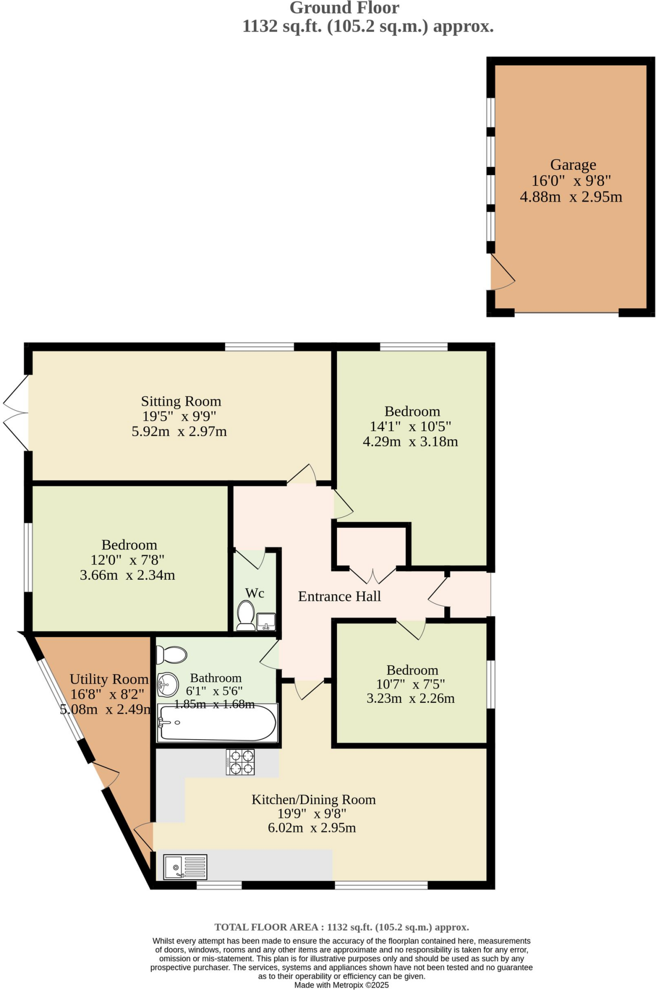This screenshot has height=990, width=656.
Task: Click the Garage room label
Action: point(573,165)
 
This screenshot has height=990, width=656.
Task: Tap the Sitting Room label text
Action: point(181,401)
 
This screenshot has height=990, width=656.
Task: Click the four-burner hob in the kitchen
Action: point(240,762)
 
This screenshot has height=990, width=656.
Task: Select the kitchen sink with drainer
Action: point(185,867)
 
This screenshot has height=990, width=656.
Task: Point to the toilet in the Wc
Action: point(246,615)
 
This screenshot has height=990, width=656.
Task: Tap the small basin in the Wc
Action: point(266,621)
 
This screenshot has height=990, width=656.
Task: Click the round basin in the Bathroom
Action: point(167,684)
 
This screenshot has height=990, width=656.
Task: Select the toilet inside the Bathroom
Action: point(172,655)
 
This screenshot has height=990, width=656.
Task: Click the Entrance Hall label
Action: point(339,597)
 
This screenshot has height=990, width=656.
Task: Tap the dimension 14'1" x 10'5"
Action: point(410,426)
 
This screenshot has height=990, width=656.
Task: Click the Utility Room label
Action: point(109,679)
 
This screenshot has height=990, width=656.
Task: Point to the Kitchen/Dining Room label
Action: point(313,800)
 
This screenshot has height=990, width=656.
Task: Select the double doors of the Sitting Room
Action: point(15,413)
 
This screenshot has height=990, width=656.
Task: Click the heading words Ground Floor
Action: point(344,8)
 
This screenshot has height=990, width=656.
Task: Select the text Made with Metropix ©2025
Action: point(341,985)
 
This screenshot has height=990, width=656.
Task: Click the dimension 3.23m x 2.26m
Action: point(410,698)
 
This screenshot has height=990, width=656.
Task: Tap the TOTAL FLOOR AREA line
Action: point(341,927)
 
